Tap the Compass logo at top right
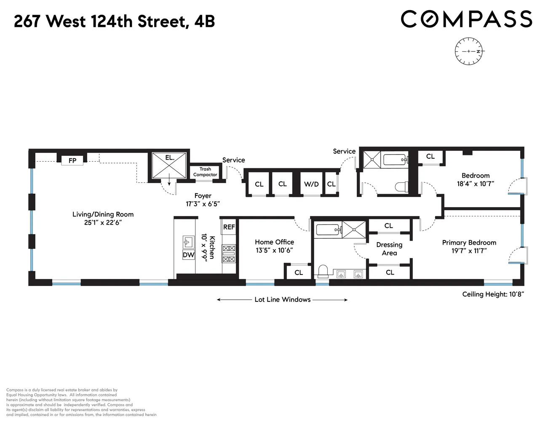coord(466,19)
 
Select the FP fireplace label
coord(72,160)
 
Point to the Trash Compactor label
coord(205,172)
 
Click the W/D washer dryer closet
coord(311,184)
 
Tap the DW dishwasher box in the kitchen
coord(188,255)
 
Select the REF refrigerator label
coord(229,227)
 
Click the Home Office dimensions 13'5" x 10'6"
coord(274,250)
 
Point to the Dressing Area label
coord(389,249)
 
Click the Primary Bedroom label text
coord(469,242)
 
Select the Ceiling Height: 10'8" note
coord(493,294)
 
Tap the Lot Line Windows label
coord(282,300)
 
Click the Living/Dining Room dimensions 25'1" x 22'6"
coord(103,222)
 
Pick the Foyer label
coord(203,196)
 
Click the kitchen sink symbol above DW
coord(188,242)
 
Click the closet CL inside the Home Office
coord(299,272)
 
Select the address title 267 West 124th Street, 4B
coord(114,21)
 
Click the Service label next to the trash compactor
coord(233,160)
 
